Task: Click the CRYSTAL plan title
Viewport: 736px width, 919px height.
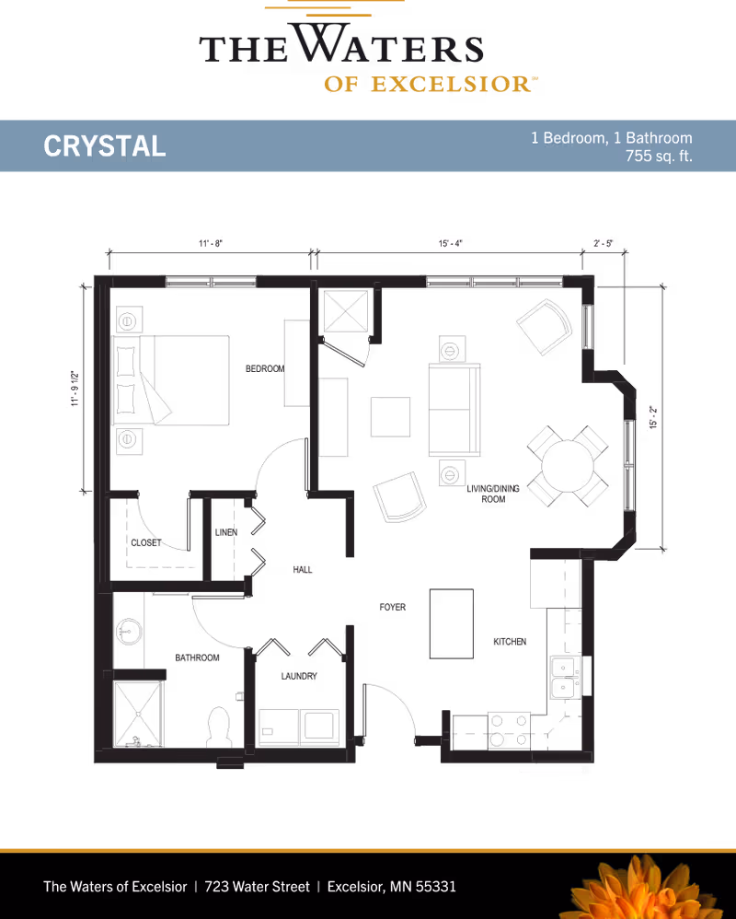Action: (105, 145)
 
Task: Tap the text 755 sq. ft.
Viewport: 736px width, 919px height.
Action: (659, 157)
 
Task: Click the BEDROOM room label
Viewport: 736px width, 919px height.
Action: (264, 368)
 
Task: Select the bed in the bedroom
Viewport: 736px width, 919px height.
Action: (171, 380)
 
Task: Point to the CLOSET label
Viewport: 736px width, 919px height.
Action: (147, 543)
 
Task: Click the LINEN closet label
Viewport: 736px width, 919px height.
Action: (226, 532)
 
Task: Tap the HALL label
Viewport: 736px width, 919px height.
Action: (303, 570)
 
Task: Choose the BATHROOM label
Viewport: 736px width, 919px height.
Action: (198, 658)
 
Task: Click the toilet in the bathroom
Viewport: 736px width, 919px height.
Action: (219, 727)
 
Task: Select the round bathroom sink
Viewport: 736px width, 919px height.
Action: (128, 633)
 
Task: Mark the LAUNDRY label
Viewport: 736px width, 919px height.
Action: (299, 676)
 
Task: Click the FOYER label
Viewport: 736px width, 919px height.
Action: (393, 608)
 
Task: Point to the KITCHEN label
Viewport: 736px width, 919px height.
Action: (509, 641)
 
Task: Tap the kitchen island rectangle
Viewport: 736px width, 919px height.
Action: (452, 623)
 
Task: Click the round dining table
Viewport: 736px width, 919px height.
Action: (568, 466)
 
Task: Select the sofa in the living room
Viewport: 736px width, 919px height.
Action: (454, 411)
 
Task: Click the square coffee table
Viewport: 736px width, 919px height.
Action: (390, 416)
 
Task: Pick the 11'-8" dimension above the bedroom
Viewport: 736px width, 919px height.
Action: (210, 244)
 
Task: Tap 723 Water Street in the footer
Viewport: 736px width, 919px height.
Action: (257, 887)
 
